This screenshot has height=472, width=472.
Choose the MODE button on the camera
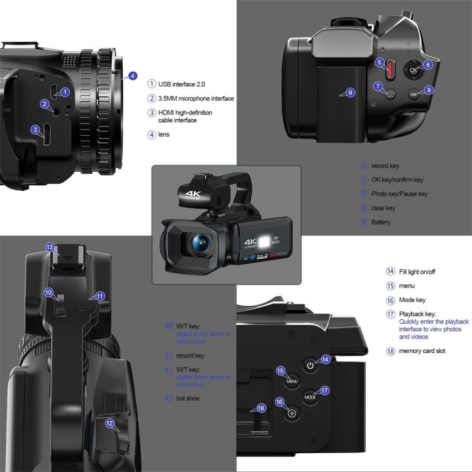coord(310,397)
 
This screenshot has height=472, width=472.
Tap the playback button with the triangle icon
coord(291,413)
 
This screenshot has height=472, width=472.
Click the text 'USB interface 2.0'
coord(182,84)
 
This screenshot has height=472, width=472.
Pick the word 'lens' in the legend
coord(164,134)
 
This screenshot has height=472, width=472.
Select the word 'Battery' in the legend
coord(381,222)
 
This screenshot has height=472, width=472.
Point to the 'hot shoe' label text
coord(188,398)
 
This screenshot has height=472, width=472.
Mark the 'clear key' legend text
coord(383,208)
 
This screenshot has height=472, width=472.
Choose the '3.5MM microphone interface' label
coord(196,98)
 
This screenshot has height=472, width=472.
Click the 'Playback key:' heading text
coord(418,313)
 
